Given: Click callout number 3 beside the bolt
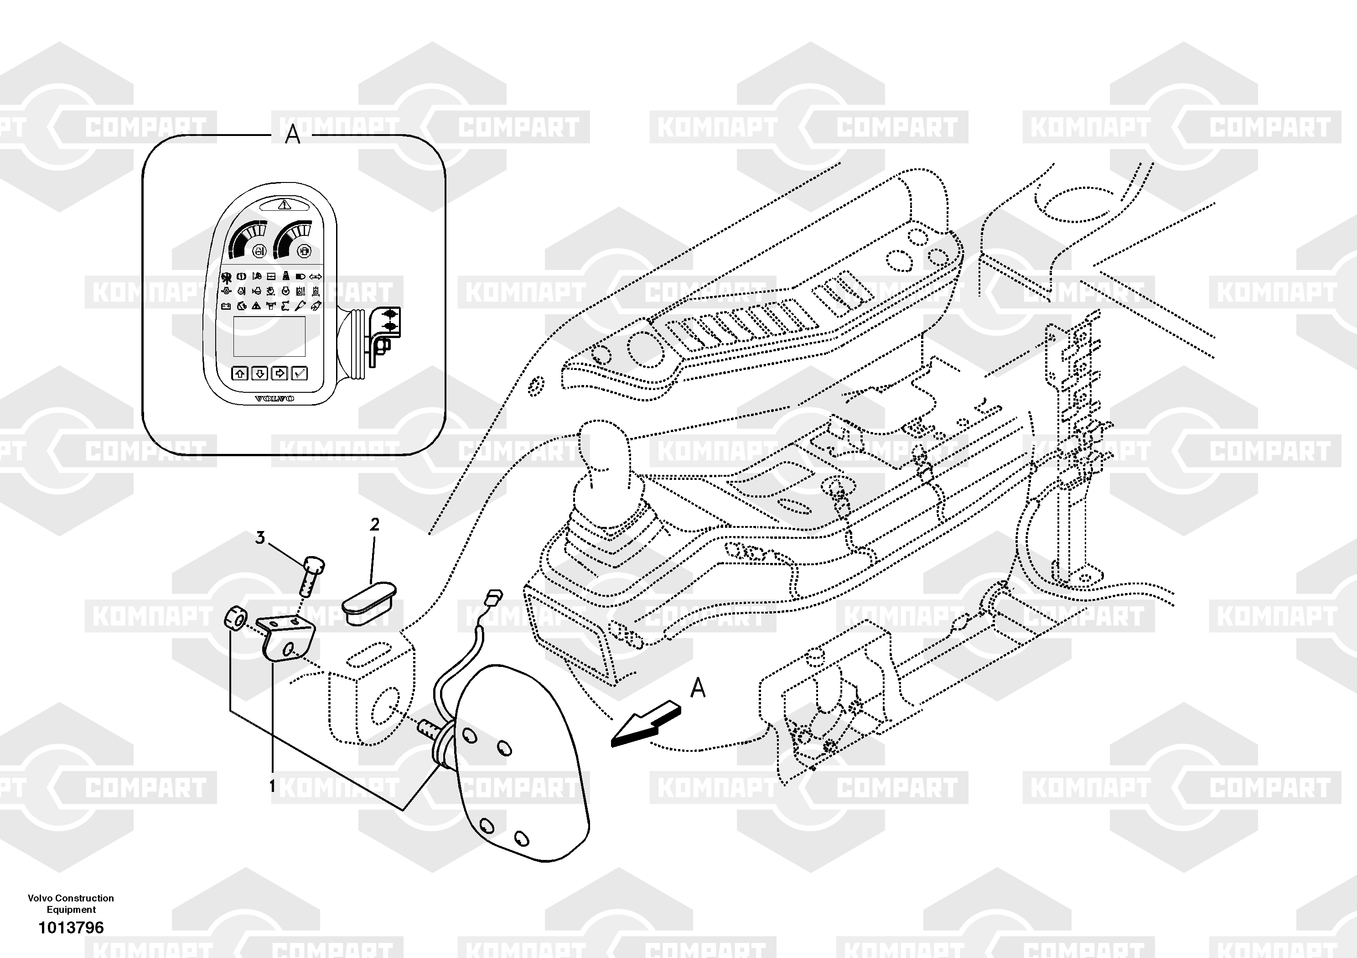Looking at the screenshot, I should tap(260, 537).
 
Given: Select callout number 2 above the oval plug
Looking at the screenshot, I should tap(374, 525).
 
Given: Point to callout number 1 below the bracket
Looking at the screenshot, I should tap(272, 786).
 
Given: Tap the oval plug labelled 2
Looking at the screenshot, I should tap(369, 601).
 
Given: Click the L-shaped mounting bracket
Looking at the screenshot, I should tap(287, 640).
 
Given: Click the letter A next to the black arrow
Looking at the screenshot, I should tap(698, 688).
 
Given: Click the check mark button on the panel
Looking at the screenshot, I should tap(300, 373).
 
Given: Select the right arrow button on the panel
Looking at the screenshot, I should tap(280, 373).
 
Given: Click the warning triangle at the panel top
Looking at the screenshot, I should tap(284, 205).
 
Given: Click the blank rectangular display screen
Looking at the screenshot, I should tap(269, 336).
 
